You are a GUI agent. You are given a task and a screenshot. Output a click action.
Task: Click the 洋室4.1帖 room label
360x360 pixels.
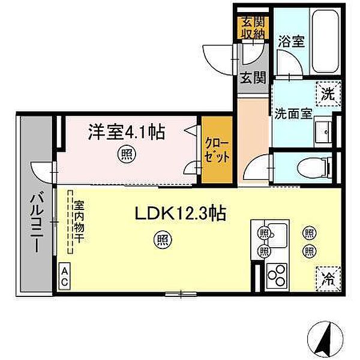point(127,132)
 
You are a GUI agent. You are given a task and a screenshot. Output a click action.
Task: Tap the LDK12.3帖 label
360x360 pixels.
point(181,213)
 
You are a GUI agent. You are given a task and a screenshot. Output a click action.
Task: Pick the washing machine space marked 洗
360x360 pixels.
point(328,94)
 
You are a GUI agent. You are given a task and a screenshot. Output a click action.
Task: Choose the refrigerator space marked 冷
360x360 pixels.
point(328,279)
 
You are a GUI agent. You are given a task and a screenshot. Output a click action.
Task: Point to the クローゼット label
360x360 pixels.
point(217,150)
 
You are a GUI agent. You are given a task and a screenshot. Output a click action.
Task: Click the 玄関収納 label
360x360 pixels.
point(253,28)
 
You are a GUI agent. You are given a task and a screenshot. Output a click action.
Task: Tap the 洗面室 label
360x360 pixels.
point(293,114)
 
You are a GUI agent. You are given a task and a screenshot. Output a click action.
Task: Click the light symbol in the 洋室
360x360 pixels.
point(127,155)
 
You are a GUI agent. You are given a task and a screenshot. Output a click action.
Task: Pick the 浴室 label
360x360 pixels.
point(291,41)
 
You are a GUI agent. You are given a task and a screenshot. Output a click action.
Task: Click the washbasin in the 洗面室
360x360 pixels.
point(323,132)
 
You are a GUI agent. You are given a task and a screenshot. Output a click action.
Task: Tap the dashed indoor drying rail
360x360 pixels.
point(70,222)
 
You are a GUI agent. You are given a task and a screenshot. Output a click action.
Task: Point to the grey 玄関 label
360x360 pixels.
point(253,78)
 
